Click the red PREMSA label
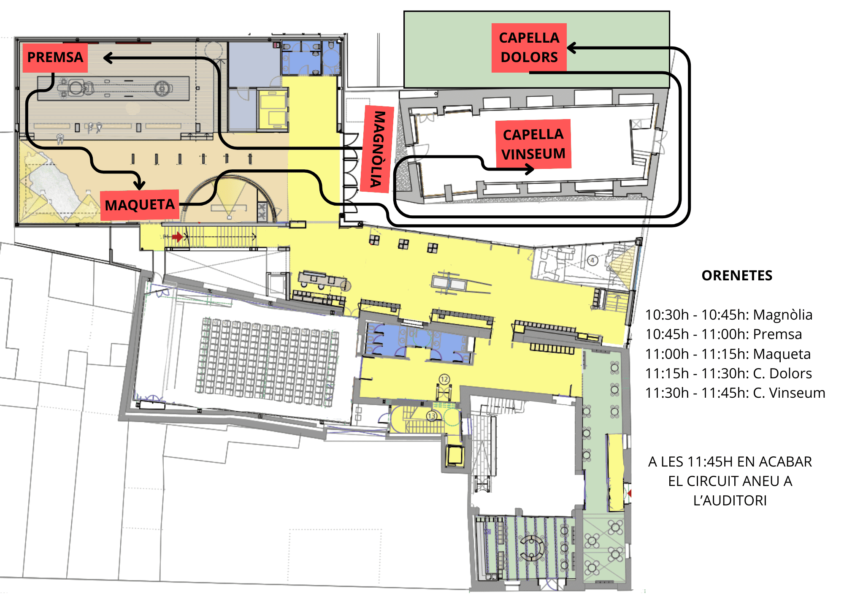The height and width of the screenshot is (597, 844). (x=55, y=57)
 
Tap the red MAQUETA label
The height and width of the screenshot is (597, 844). (x=140, y=205)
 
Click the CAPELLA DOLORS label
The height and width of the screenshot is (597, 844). (x=529, y=48)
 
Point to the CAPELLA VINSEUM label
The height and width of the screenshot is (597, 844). (x=533, y=144)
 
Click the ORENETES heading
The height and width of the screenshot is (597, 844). (x=737, y=275)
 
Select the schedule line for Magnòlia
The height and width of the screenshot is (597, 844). (x=729, y=315)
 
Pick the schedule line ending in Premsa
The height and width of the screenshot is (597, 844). (x=723, y=334)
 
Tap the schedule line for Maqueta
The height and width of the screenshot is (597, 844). (x=728, y=354)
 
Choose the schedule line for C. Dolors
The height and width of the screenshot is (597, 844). (x=728, y=373)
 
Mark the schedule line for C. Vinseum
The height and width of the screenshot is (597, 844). (x=735, y=393)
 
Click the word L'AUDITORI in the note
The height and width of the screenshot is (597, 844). (x=730, y=500)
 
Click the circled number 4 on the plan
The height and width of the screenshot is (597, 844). (x=592, y=260)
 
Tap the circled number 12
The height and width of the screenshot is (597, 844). (x=444, y=379)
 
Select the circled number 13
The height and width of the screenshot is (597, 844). (x=431, y=416)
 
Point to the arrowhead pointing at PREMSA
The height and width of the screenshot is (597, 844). (x=108, y=58)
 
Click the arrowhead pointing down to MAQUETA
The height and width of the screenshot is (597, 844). (x=139, y=185)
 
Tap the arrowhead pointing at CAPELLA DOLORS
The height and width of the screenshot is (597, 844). (x=572, y=48)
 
